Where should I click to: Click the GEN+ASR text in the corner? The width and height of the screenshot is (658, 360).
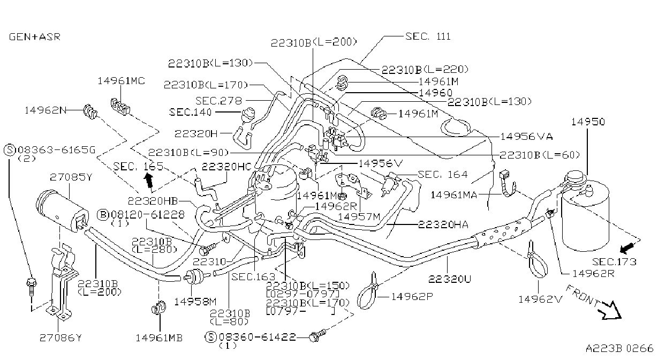(35, 37)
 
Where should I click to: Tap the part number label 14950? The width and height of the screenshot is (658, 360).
(588, 122)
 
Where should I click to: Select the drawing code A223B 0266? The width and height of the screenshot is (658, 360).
(619, 348)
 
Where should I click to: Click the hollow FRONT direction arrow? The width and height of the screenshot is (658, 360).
(612, 310)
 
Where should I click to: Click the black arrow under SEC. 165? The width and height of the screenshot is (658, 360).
(149, 180)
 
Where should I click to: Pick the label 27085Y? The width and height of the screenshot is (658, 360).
(71, 177)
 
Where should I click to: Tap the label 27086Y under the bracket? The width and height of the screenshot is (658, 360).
(60, 338)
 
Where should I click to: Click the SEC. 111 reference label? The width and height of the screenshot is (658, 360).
(428, 36)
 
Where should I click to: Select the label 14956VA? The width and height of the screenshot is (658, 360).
(526, 137)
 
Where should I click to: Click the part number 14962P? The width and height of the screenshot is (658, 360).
(412, 297)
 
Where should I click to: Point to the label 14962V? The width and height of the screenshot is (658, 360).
(540, 299)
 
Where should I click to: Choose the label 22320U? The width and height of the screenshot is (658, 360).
(449, 279)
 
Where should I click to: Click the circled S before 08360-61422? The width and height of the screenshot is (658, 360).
(210, 337)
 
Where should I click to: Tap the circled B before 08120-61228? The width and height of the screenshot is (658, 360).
(103, 215)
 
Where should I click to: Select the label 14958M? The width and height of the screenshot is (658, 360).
(195, 302)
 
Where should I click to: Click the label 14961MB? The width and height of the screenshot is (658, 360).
(159, 338)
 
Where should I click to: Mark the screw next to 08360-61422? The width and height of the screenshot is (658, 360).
(317, 335)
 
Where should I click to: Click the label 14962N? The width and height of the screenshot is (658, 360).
(46, 110)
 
